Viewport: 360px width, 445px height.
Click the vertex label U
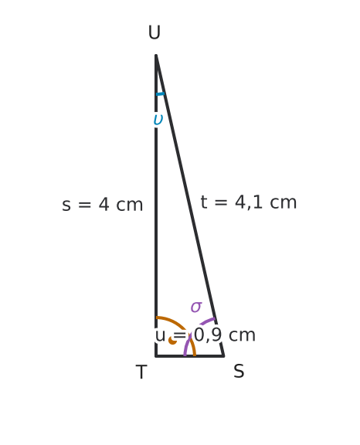155,32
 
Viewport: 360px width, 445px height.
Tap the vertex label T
141,372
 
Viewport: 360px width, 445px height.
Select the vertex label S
239,371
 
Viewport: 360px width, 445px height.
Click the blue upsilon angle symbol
158,120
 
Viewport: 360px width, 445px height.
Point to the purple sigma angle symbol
196,307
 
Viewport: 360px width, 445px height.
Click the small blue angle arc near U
160,94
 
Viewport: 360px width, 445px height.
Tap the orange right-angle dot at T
172,340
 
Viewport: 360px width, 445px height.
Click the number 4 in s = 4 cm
104,204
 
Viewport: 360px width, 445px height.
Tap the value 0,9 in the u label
208,335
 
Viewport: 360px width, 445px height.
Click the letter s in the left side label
66,206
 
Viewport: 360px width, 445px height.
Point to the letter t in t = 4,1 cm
204,202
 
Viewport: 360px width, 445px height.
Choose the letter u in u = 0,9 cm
160,336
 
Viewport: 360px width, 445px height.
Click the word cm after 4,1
283,202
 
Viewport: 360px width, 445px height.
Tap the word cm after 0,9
242,335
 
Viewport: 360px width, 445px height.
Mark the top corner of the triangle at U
156,55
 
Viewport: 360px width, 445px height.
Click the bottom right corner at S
224,356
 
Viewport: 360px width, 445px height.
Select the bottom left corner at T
156,356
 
